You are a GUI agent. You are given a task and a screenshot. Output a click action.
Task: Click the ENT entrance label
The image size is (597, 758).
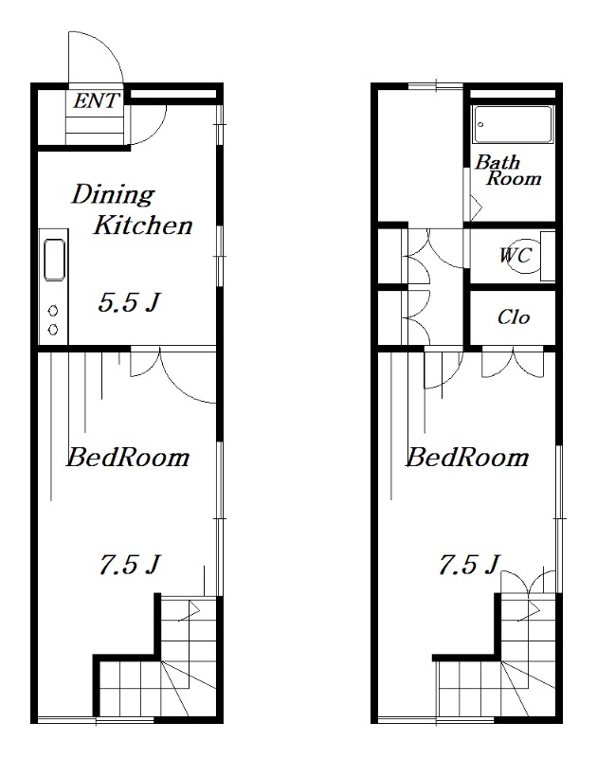tap(96, 101)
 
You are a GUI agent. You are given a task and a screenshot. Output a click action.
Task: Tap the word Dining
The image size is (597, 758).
tap(113, 195)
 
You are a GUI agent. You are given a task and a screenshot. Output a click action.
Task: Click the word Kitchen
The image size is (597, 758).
tap(143, 226)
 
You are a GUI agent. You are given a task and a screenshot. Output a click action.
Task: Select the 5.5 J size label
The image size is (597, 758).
tap(129, 303)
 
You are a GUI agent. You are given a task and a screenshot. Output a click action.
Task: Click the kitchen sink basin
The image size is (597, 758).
tap(54, 259)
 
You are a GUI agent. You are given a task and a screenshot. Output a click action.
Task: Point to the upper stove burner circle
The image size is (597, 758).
tap(53, 311)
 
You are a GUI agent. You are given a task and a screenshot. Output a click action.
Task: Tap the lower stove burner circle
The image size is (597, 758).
tap(53, 330)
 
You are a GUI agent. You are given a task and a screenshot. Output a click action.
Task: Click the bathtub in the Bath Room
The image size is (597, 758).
tap(513, 124)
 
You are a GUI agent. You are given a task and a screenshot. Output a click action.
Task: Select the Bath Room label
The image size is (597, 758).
tap(508, 171)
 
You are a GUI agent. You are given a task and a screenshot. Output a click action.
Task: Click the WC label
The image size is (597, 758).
tap(516, 255)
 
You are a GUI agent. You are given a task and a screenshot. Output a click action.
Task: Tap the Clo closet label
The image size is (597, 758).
tap(514, 317)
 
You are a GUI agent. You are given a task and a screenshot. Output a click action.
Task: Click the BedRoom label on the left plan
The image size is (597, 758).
tap(128, 458)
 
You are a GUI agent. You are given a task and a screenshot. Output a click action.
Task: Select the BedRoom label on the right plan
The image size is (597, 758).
tap(467, 458)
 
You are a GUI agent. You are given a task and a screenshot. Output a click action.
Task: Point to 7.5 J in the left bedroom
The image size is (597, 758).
tap(130, 564)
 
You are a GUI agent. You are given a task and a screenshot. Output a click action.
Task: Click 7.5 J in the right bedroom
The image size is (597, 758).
tap(469, 564)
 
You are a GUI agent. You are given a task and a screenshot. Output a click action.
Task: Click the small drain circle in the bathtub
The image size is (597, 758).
tap(480, 125)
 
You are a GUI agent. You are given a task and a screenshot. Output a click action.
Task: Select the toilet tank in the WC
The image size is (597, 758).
tap(547, 256)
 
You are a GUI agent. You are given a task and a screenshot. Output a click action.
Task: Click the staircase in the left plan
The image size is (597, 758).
tap(159, 657)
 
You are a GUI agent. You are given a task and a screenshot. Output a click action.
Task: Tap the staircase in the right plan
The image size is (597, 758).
tap(498, 657)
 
